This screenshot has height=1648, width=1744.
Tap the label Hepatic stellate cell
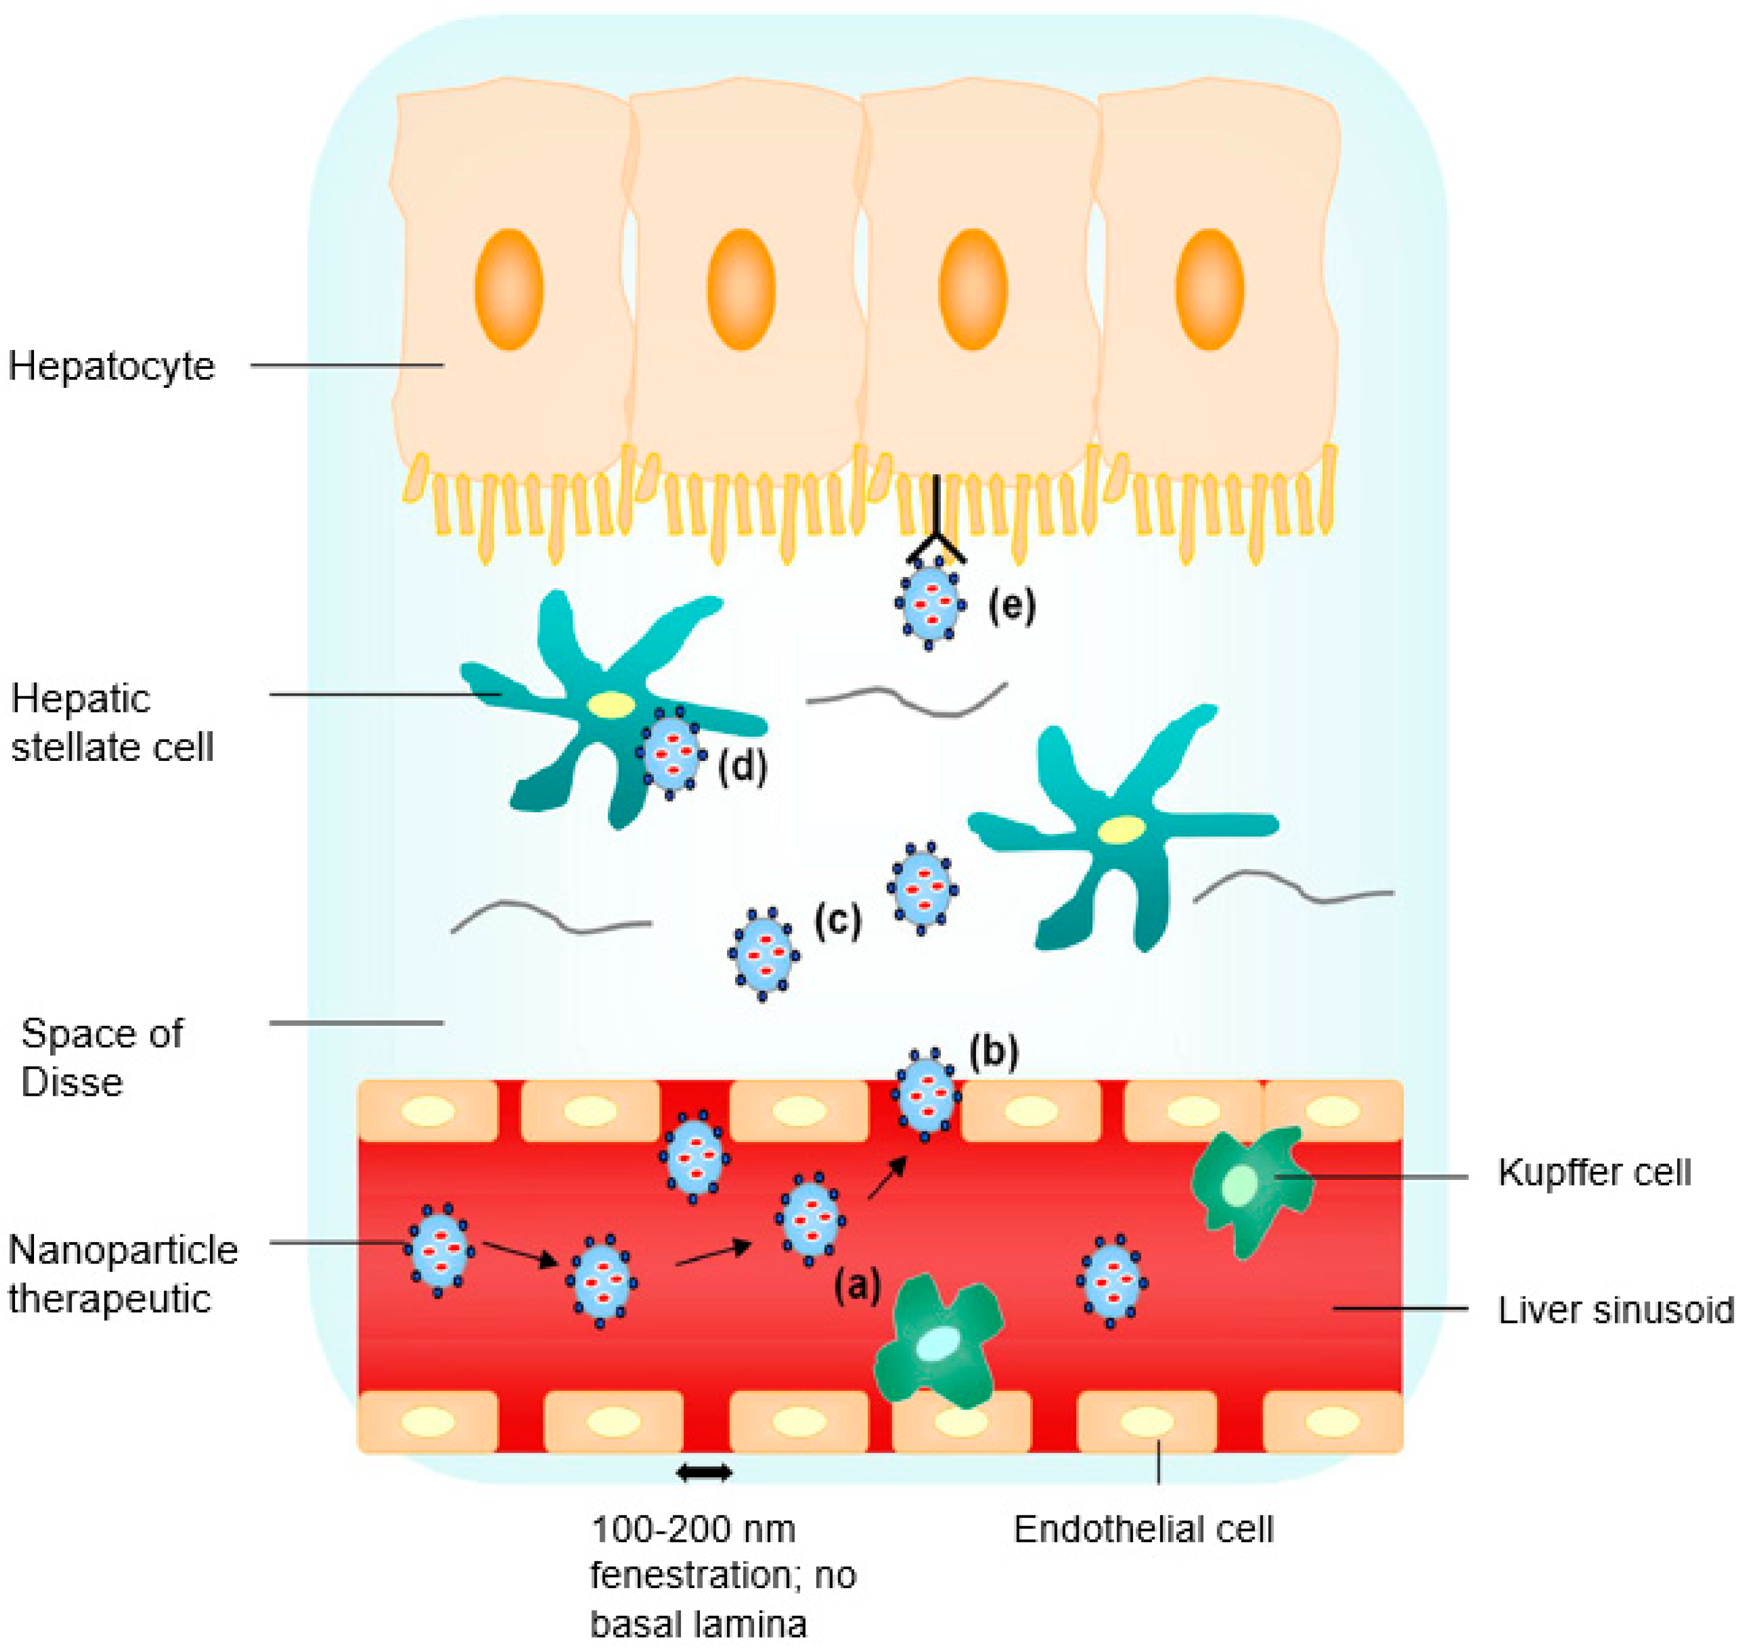(x=112, y=723)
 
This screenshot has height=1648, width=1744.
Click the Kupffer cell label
(x=1594, y=1173)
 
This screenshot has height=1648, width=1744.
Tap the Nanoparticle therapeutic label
(x=122, y=1274)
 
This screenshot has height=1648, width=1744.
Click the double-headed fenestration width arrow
(x=704, y=1472)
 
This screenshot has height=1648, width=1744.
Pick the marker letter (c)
(x=837, y=920)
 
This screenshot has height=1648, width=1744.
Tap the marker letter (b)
(x=994, y=1051)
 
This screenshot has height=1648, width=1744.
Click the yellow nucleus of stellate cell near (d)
(x=612, y=704)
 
